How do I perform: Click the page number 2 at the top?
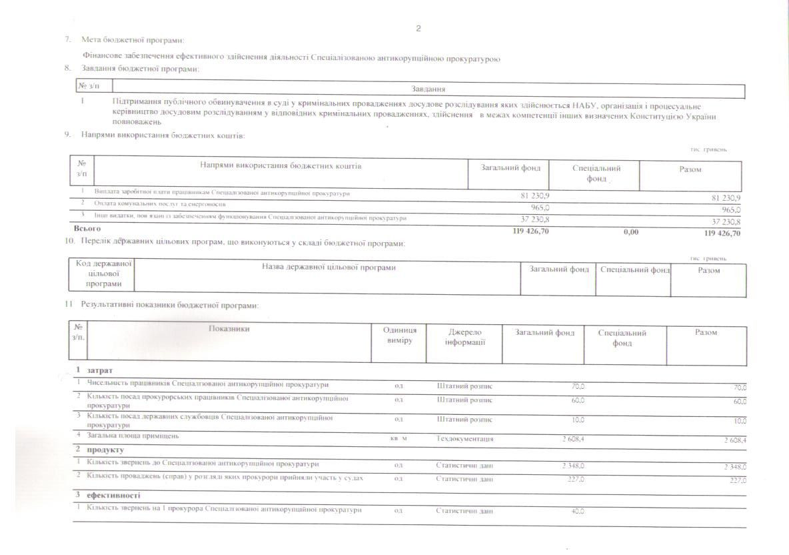point(418,28)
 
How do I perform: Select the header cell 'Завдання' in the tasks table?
point(428,89)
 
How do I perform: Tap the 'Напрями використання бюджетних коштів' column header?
point(281,165)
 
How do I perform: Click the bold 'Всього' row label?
point(82,229)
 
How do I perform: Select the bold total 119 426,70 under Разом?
point(722,233)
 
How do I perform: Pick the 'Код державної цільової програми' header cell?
point(103,273)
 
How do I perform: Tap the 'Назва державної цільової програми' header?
point(329,267)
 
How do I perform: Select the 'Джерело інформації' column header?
point(465,337)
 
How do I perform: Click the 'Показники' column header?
point(229,329)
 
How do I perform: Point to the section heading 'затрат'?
point(100,370)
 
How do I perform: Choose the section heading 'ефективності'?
point(113,496)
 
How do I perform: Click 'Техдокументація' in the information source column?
point(464,439)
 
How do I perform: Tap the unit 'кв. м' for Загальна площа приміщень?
point(398,439)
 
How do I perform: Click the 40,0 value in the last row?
point(577,510)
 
